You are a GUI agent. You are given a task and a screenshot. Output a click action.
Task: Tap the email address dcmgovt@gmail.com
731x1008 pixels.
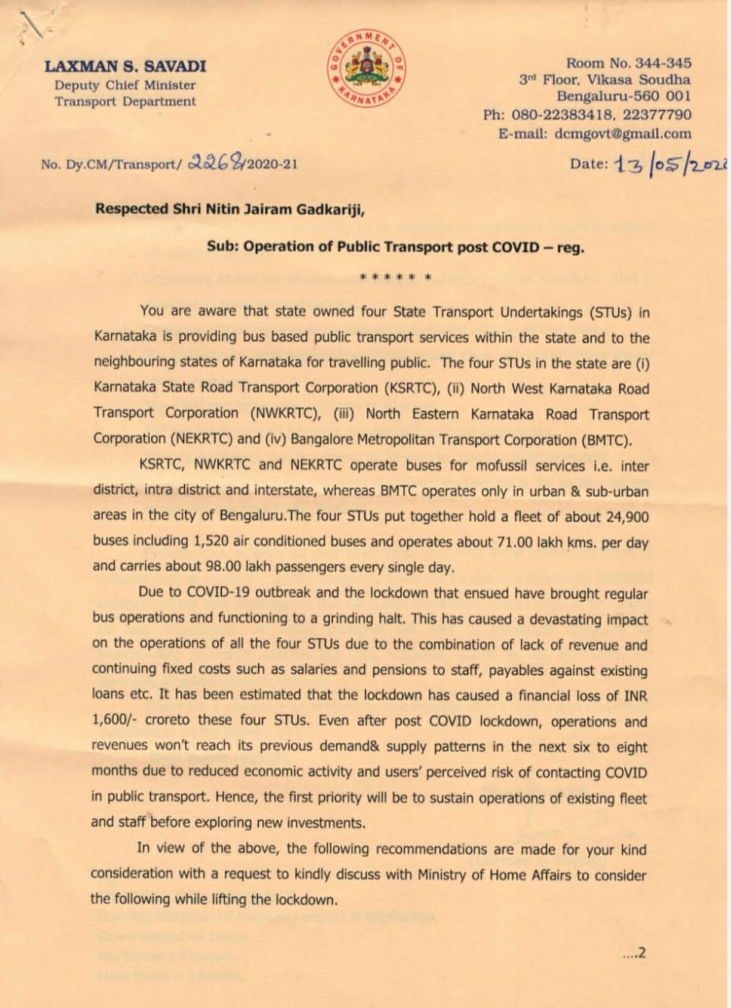pos(623,134)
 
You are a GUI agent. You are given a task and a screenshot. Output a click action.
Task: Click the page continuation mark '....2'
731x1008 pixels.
pos(633,953)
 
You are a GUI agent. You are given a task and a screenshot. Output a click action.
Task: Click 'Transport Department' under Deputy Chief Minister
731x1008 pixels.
pos(125,102)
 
